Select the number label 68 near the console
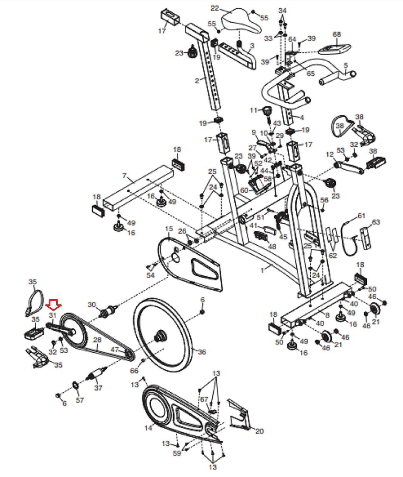(x=337, y=34)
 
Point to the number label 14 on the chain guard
(x=148, y=428)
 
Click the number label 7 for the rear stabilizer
(x=125, y=176)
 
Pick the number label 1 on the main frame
(x=262, y=270)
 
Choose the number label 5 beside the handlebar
(x=346, y=65)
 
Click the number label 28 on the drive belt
(x=97, y=340)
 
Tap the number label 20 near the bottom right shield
(x=259, y=431)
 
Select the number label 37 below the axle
(x=98, y=388)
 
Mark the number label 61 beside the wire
(x=361, y=216)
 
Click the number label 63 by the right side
(x=376, y=222)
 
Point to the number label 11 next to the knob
(x=253, y=110)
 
